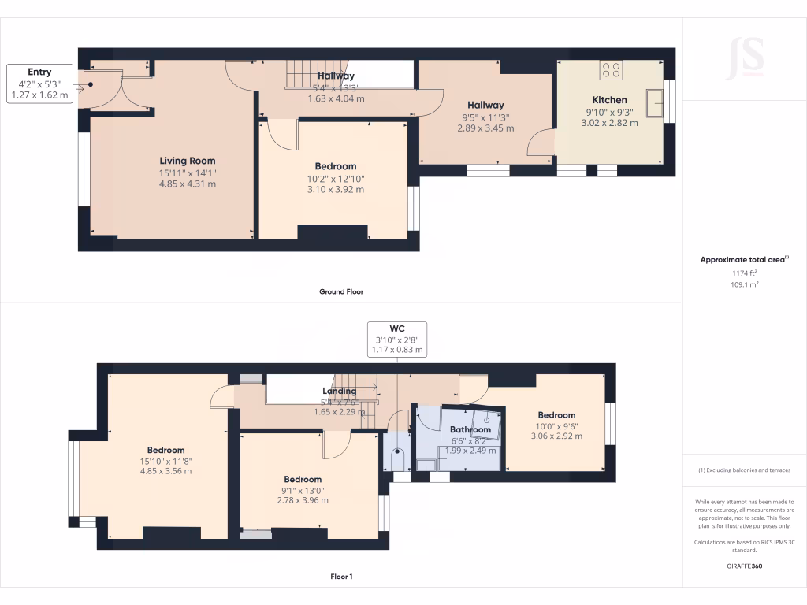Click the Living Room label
tap(187, 161)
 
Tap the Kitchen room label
tap(609, 100)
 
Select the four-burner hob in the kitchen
tap(610, 70)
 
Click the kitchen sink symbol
tap(653, 101)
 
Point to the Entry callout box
tap(40, 84)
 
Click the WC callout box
tap(397, 339)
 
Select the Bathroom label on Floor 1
tap(470, 430)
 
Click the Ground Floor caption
tap(340, 291)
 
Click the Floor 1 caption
tap(340, 577)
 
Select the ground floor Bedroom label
tap(335, 166)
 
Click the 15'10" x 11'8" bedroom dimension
tap(165, 461)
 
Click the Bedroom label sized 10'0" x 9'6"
tap(556, 415)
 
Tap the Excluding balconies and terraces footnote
tap(744, 470)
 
